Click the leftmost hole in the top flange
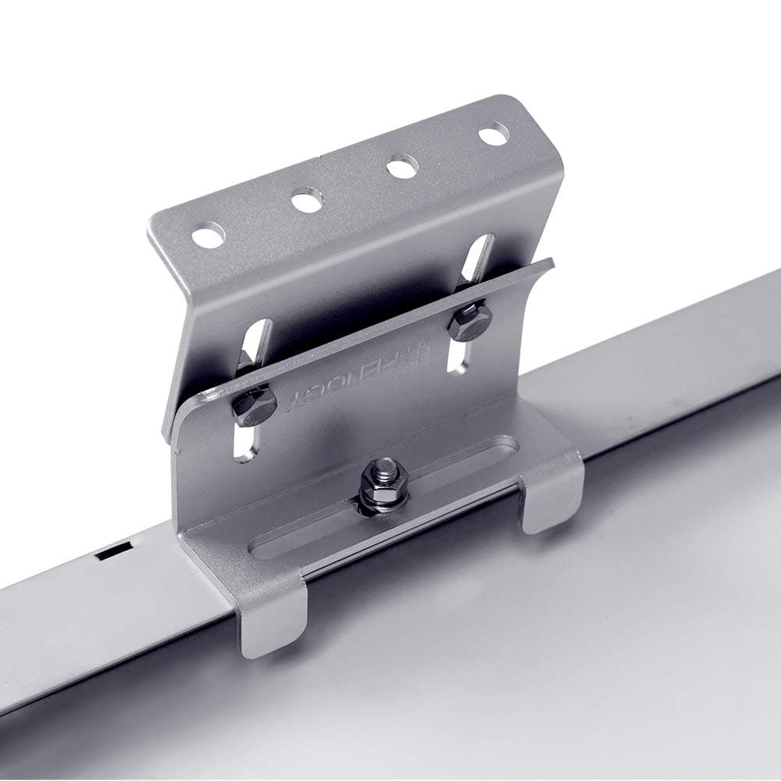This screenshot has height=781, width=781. point(209,235)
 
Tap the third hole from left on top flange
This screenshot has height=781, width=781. point(401,167)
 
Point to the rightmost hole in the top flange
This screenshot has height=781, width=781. point(494,134)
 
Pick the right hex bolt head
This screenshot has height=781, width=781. point(470,323)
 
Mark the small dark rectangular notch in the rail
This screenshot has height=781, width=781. point(109,552)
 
